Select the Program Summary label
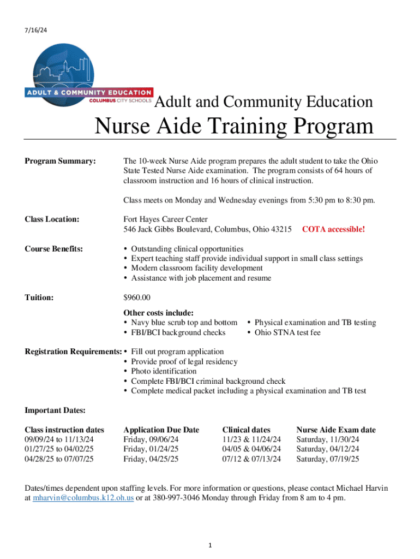coord(61,161)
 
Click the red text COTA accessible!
coord(333,229)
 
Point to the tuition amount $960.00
coord(137,298)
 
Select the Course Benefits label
coord(54,249)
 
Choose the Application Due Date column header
coord(161,430)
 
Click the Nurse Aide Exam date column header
coord(335,430)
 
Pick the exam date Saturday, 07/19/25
coord(327,459)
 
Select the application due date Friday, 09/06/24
coord(151,439)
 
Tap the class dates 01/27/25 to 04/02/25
coord(59,449)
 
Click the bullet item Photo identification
coord(164,371)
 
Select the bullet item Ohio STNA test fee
coord(288,332)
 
